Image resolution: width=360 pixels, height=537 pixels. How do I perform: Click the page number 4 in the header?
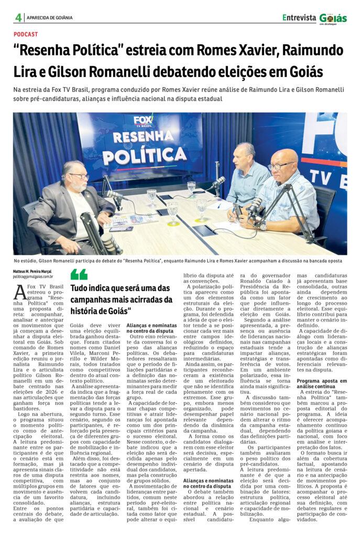pyautogui.click(x=18, y=17)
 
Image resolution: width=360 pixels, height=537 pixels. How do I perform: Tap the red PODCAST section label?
pyautogui.click(x=26, y=34)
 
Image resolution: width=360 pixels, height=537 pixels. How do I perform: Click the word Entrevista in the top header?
pyautogui.click(x=299, y=17)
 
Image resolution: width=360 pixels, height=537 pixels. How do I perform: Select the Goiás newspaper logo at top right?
pyautogui.click(x=333, y=18)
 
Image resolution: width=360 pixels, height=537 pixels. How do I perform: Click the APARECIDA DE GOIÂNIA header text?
pyautogui.click(x=50, y=18)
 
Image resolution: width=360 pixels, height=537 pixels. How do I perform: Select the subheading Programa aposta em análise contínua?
pyautogui.click(x=321, y=383)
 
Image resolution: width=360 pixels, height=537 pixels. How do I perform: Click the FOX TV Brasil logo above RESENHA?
pyautogui.click(x=143, y=122)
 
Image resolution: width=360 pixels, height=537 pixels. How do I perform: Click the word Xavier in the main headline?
pyautogui.click(x=247, y=51)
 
